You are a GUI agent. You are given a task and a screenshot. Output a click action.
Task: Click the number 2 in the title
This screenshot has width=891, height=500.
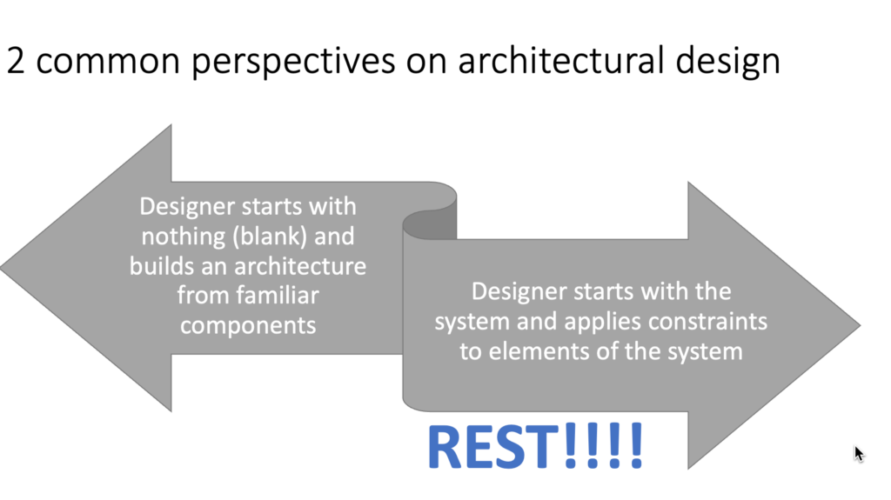[16, 62]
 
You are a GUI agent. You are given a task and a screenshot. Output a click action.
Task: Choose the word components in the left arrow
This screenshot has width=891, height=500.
[248, 324]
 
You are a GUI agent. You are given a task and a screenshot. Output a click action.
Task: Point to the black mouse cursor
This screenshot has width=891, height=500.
[858, 453]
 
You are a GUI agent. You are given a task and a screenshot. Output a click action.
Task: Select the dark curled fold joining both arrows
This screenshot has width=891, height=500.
[429, 217]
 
